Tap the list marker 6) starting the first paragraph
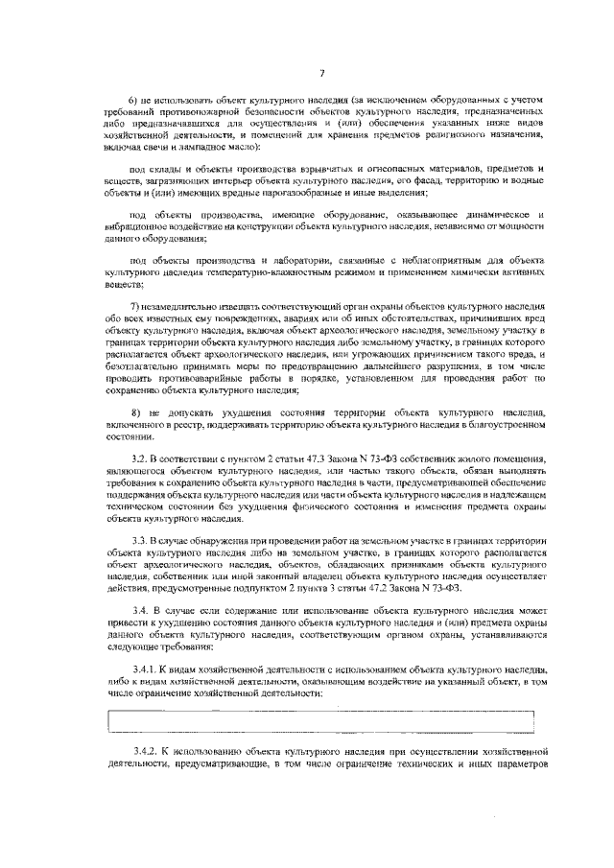point(134,101)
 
